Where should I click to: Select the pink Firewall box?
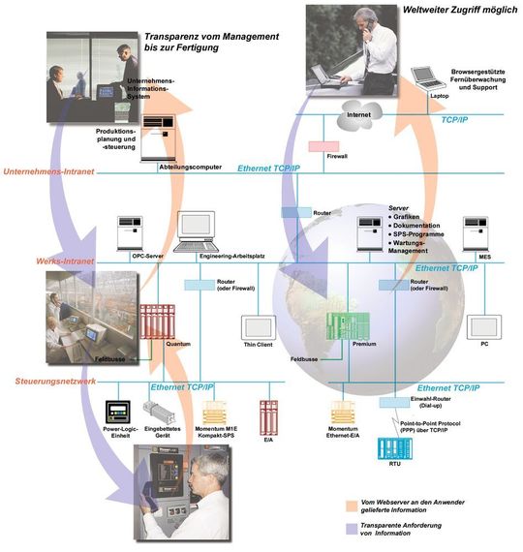coord(323,146)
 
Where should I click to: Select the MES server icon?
coord(478,233)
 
